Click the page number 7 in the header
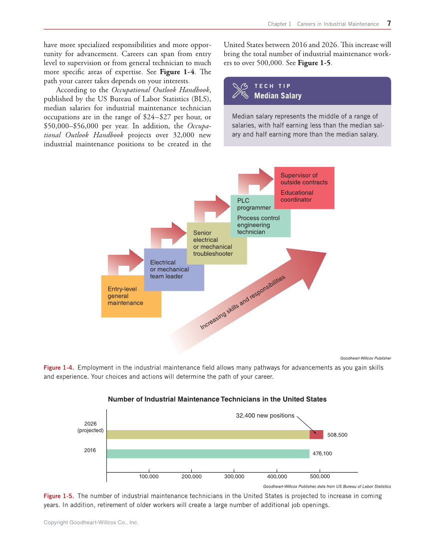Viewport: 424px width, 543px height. (389, 23)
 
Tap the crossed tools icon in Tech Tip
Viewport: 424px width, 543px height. (240, 90)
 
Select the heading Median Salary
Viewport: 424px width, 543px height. (278, 95)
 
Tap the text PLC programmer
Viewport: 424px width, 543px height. (254, 204)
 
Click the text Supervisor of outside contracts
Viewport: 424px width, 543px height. (304, 179)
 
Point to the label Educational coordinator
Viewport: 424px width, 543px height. (297, 196)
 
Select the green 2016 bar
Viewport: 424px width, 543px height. (208, 454)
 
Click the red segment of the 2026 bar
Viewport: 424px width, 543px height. (316, 435)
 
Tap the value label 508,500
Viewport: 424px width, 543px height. (337, 435)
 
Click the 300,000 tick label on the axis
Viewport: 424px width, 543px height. (234, 477)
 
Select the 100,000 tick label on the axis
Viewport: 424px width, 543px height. (148, 477)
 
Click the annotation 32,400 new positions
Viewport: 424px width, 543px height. (265, 416)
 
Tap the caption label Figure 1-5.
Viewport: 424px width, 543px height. (58, 496)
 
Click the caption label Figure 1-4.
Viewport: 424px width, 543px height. (58, 368)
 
